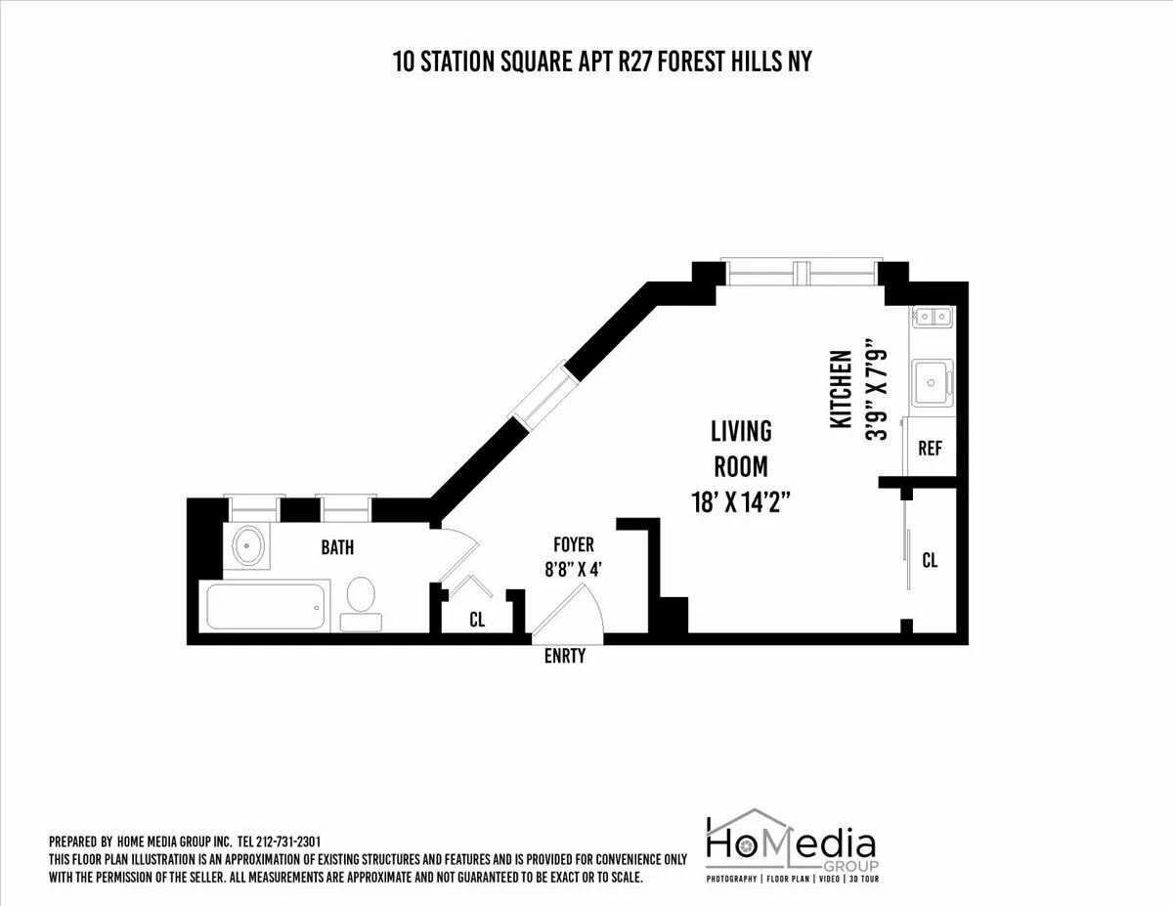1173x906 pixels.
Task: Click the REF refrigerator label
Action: (930, 449)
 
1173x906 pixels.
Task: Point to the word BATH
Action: (337, 547)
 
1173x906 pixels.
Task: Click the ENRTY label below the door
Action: (565, 656)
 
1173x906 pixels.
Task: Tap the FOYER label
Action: (573, 544)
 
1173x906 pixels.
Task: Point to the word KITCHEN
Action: (841, 389)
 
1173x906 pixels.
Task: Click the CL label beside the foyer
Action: (477, 619)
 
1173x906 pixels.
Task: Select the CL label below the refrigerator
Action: (930, 560)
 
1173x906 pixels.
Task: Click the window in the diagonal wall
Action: (540, 397)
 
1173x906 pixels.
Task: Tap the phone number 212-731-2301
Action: (288, 841)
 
